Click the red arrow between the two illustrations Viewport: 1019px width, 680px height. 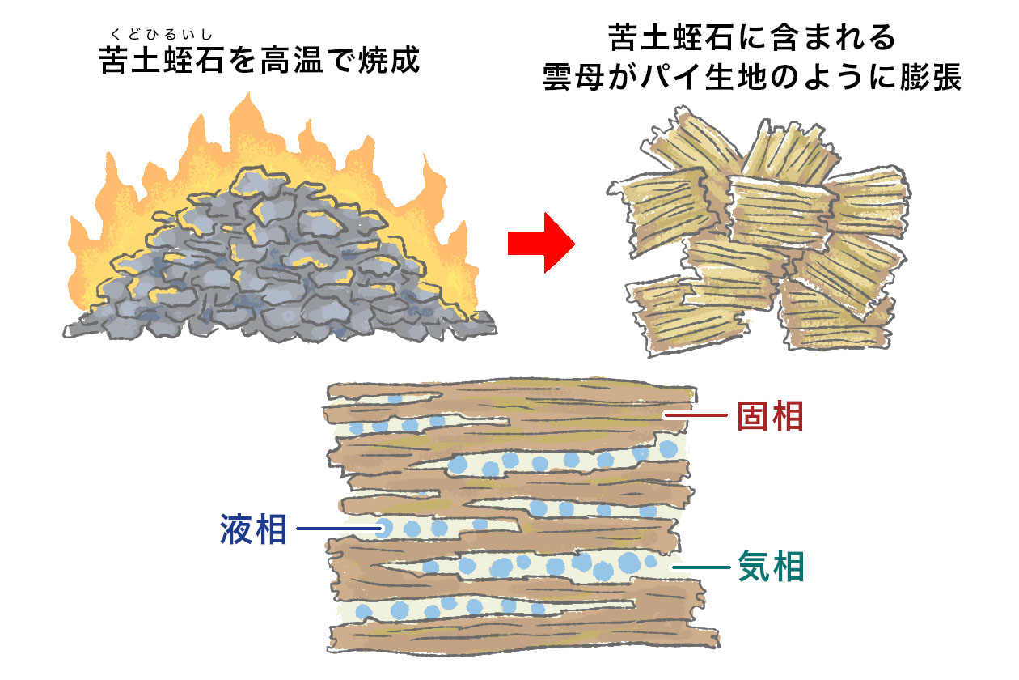tap(539, 243)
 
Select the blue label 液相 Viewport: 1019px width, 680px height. tap(254, 529)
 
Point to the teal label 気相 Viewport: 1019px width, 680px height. tap(772, 567)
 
